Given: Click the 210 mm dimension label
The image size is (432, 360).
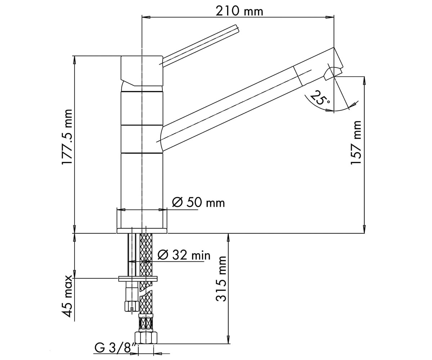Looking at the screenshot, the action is point(239,12).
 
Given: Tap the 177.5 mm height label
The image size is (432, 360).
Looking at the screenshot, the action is point(67,137).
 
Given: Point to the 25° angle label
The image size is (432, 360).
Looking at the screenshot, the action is point(320,98).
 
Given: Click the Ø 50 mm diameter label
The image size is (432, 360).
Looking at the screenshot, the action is point(198,203).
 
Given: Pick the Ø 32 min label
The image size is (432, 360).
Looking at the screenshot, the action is point(184,255).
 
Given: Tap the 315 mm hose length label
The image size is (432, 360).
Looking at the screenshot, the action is point(221,279).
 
